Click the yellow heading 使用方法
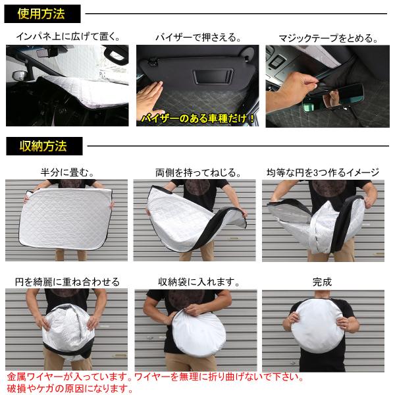(41, 14)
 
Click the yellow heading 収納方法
(43, 146)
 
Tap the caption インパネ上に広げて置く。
(68, 36)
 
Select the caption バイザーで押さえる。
(198, 38)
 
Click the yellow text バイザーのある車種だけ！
(197, 118)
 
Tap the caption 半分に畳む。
(68, 172)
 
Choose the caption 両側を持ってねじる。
(198, 172)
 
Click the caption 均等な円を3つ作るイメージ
(323, 172)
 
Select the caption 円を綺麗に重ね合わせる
(67, 282)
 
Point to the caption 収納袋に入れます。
(199, 282)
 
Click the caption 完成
(322, 282)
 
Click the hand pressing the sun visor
(151, 99)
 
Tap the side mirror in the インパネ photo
(20, 76)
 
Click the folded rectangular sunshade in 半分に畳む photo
(65, 218)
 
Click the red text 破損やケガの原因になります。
(70, 388)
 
